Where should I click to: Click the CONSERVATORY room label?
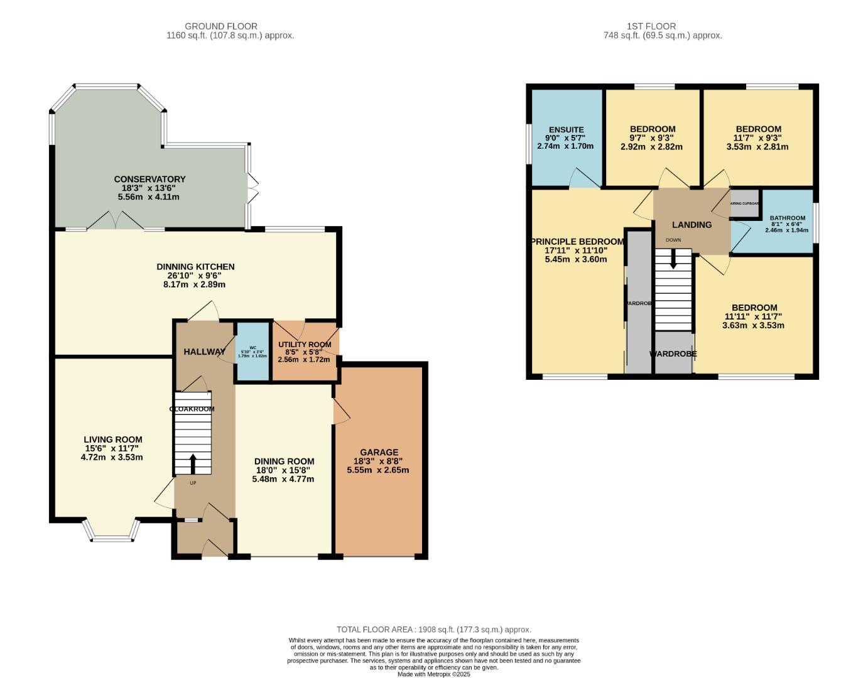[149, 180]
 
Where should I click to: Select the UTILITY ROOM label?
[305, 345]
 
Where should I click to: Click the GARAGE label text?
[379, 452]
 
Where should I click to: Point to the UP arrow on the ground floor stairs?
[192, 463]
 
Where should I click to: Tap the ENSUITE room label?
[566, 130]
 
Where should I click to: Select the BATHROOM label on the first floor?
[787, 218]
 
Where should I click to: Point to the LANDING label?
[692, 225]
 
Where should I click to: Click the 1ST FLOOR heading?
[651, 26]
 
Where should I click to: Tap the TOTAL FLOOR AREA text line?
[433, 630]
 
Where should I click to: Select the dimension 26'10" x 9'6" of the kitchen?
[195, 276]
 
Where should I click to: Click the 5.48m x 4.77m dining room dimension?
[283, 479]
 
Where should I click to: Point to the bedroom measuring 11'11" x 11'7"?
[754, 316]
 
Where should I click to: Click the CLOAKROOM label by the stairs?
[192, 409]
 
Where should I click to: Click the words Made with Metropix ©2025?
[433, 674]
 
